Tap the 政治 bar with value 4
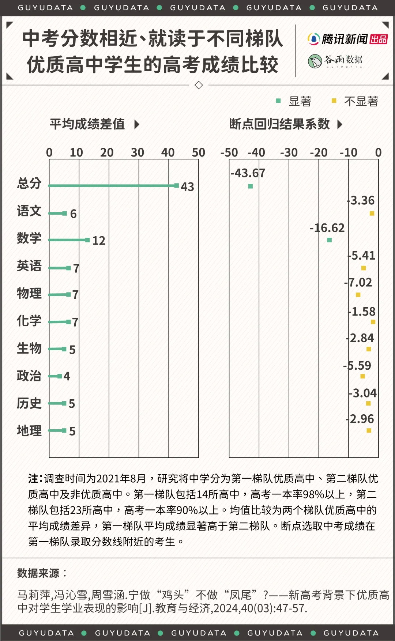pos(55,376)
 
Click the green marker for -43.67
pos(251,186)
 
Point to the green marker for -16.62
pos(330,240)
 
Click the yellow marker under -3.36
pos(372,213)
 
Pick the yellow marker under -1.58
pos(373,322)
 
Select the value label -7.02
pos(358,282)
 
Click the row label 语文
pos(29,211)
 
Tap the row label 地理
pos(29,430)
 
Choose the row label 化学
pos(29,321)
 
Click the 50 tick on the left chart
pos(199,152)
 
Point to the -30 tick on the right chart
pos(289,152)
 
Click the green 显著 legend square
pos(278,101)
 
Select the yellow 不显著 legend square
pos(334,101)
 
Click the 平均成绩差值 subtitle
pos(87,124)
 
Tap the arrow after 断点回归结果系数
pos(340,124)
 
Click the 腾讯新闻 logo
pos(347,39)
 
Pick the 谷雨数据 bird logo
pos(315,61)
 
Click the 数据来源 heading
pos(38,573)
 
